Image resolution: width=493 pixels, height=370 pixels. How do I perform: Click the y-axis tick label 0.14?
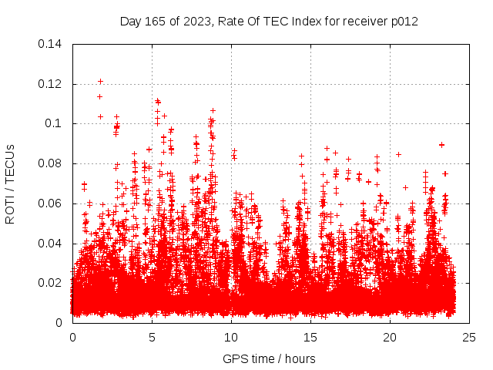[52, 43]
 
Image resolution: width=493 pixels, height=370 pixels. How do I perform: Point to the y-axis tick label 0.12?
[52, 83]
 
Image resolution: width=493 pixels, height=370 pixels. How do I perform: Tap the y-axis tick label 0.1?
[55, 123]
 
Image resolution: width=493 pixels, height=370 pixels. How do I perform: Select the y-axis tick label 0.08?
[52, 163]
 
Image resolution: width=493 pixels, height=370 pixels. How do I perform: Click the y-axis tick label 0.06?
[52, 203]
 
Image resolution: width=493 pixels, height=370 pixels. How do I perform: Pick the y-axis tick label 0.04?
[52, 244]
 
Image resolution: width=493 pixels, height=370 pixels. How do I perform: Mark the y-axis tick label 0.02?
[52, 283]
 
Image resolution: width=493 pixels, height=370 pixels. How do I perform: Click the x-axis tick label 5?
[153, 338]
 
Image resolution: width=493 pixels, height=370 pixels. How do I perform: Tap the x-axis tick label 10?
[232, 338]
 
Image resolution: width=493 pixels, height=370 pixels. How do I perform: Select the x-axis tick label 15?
[311, 338]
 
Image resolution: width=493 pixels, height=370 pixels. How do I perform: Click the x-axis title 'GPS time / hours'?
[269, 358]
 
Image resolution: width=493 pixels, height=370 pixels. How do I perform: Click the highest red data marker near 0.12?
[100, 81]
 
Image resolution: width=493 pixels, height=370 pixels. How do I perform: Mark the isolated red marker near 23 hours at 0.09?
[441, 144]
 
